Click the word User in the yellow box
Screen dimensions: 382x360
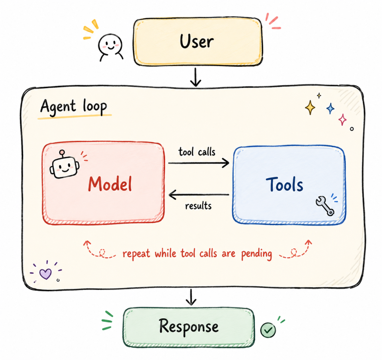pyautogui.click(x=197, y=41)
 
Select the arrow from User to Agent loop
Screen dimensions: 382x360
pyautogui.click(x=195, y=77)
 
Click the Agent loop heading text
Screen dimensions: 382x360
pyautogui.click(x=74, y=107)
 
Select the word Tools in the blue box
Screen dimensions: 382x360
pyautogui.click(x=284, y=184)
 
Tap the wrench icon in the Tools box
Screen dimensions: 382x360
pyautogui.click(x=325, y=206)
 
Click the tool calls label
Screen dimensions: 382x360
pyautogui.click(x=197, y=152)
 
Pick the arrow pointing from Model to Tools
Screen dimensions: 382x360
pyautogui.click(x=199, y=163)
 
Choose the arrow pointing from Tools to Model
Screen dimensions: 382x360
pyautogui.click(x=199, y=195)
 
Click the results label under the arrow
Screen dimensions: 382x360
pyautogui.click(x=198, y=206)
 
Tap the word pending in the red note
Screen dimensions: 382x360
pyautogui.click(x=256, y=254)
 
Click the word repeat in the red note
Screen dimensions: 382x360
pyautogui.click(x=136, y=254)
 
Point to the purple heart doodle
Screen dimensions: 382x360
pyautogui.click(x=46, y=274)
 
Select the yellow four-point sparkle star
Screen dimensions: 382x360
pyautogui.click(x=310, y=108)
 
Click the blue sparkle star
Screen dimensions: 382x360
pyautogui.click(x=330, y=108)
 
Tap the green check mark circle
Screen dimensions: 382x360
pyautogui.click(x=268, y=330)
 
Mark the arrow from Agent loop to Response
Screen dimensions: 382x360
pyautogui.click(x=191, y=297)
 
